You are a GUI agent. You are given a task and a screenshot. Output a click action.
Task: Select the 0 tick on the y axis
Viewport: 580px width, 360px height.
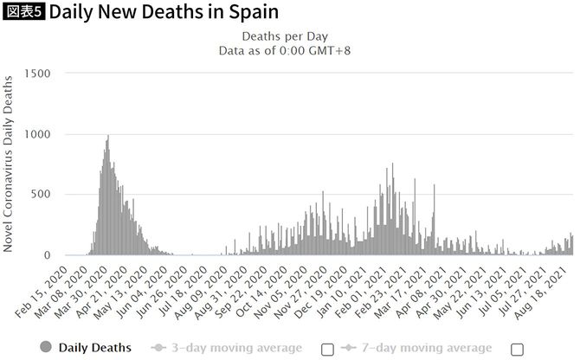[x=49, y=255]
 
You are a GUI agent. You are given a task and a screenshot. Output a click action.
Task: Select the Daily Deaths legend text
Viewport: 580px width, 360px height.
[x=95, y=348]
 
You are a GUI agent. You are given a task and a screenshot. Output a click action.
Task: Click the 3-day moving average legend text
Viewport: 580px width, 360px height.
[x=236, y=348]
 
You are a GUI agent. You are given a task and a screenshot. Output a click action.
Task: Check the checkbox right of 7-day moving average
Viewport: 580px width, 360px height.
[x=518, y=349]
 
